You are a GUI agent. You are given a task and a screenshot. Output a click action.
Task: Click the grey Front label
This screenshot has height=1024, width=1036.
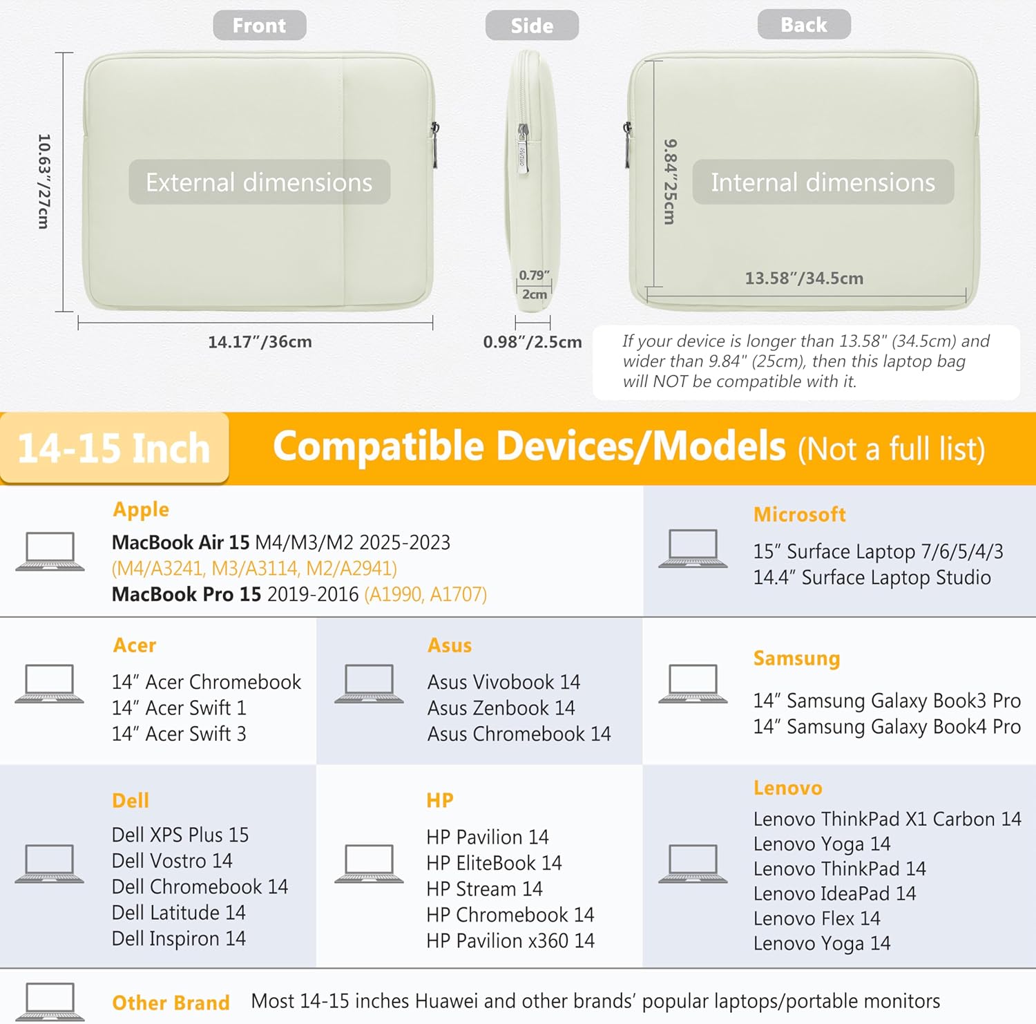pos(259,26)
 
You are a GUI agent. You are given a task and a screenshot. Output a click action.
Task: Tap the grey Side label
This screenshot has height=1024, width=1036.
pos(532,26)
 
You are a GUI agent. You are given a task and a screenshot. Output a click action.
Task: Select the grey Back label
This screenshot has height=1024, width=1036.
pos(804,25)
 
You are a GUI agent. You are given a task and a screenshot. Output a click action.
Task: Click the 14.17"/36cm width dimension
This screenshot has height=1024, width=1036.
pos(260,341)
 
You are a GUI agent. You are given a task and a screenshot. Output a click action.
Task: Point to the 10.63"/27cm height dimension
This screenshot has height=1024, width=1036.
pos(44,181)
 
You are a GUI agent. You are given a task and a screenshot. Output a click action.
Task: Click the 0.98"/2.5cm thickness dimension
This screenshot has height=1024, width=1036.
pos(533,341)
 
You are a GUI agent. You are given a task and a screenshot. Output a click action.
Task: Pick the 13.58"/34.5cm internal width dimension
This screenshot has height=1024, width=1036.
pos(804,278)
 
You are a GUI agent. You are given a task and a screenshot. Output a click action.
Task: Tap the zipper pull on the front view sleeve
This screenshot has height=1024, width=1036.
pos(435,145)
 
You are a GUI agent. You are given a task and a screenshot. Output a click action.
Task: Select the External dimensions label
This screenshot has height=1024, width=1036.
pos(259,182)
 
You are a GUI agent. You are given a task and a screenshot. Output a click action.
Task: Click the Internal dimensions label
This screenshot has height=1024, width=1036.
pos(823,182)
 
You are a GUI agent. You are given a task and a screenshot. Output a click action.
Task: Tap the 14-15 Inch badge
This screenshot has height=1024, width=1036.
pos(114,448)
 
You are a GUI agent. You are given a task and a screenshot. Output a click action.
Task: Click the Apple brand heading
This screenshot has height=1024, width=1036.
pos(141,509)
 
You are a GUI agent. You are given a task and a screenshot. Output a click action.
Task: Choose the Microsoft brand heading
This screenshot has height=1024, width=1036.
pos(799,514)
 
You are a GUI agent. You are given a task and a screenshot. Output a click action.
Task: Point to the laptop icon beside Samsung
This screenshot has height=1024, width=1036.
pos(693,684)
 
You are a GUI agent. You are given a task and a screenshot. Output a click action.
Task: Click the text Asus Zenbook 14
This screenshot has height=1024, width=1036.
pos(501,708)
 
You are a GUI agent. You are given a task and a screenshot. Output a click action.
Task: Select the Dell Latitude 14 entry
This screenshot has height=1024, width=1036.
pos(178,912)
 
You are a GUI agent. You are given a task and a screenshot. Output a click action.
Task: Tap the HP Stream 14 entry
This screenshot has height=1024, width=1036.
pos(484,889)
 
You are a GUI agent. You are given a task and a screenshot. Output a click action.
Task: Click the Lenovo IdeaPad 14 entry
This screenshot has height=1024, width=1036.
pos(834,893)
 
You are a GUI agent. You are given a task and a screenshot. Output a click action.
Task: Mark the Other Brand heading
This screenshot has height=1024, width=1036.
pos(171,1003)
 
